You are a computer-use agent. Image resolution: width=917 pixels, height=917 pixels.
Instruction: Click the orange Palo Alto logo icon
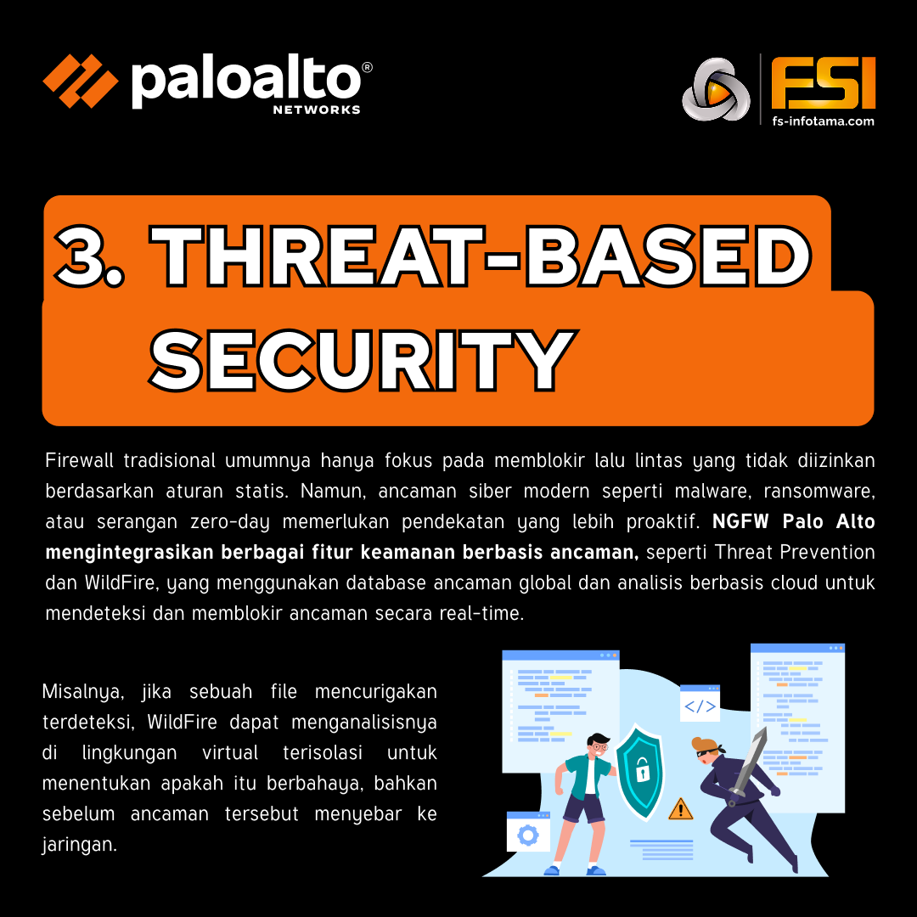[x=81, y=81]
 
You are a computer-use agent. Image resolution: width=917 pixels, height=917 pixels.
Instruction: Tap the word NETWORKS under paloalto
[x=317, y=110]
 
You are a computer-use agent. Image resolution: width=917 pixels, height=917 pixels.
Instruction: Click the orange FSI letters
[x=823, y=83]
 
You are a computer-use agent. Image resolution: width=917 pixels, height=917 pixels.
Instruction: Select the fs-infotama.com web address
[x=823, y=121]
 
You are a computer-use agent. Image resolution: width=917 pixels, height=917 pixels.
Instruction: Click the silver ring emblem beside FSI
[x=715, y=88]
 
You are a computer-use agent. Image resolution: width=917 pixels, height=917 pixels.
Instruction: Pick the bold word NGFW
[x=739, y=522]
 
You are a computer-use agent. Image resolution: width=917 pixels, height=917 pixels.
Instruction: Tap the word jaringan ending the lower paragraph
[x=79, y=845]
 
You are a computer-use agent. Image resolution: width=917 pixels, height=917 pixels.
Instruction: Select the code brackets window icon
[x=700, y=706]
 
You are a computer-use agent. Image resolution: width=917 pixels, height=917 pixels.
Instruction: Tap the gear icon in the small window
[x=528, y=835]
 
